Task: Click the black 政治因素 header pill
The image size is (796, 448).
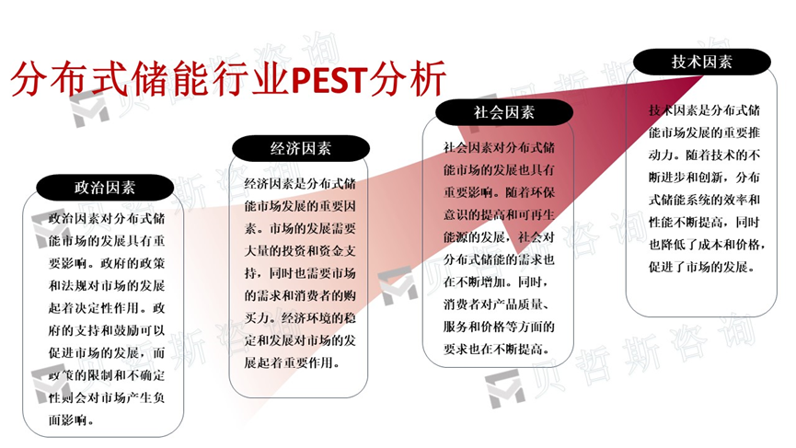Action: click(x=105, y=188)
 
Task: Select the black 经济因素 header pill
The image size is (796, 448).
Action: click(x=300, y=148)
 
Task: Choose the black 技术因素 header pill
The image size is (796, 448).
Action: click(x=701, y=62)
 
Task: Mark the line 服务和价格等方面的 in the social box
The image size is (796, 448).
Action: click(x=497, y=327)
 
